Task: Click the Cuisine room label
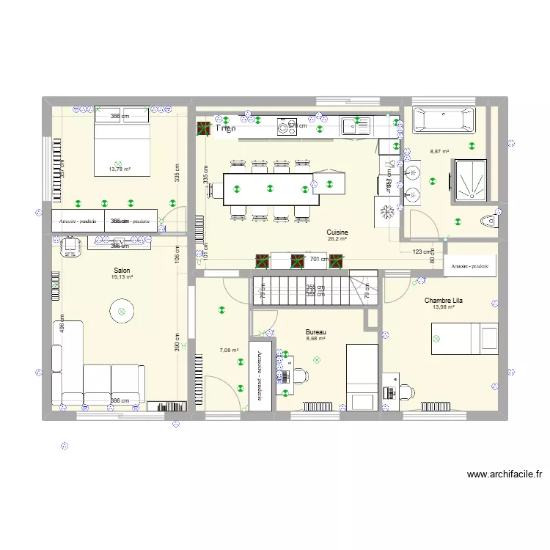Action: click(338, 232)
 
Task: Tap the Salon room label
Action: click(122, 271)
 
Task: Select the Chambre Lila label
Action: click(443, 300)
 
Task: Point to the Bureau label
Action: click(316, 332)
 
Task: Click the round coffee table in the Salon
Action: click(122, 312)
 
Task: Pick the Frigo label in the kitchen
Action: click(225, 128)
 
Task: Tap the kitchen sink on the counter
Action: click(357, 126)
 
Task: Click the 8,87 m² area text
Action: click(440, 152)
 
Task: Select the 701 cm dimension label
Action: click(319, 259)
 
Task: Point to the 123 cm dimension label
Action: click(422, 252)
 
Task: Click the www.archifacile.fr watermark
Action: click(504, 474)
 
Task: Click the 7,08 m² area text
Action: click(229, 351)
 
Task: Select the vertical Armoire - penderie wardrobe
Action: click(260, 374)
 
